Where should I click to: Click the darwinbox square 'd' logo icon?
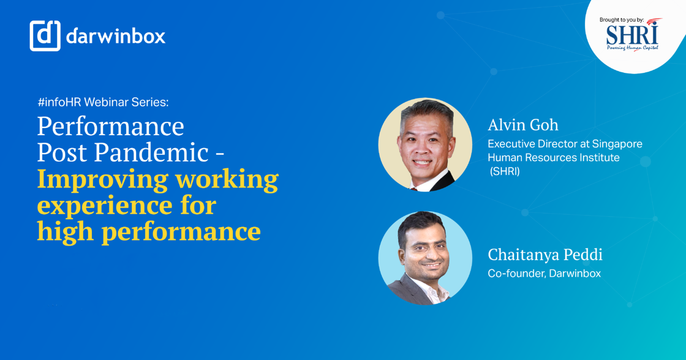pyautogui.click(x=45, y=36)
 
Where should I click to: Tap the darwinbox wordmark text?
pyautogui.click(x=116, y=36)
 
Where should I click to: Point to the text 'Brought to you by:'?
pyautogui.click(x=621, y=20)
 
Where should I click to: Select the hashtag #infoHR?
pyautogui.click(x=59, y=102)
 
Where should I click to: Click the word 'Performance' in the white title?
pyautogui.click(x=110, y=127)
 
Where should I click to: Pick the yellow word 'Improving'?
pyautogui.click(x=102, y=179)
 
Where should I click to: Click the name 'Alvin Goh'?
pyautogui.click(x=522, y=125)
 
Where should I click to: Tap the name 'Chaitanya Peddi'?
pyautogui.click(x=545, y=255)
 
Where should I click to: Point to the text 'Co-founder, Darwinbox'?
pyautogui.click(x=544, y=274)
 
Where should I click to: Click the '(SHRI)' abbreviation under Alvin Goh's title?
pyautogui.click(x=505, y=172)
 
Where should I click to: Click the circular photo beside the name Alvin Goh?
pyautogui.click(x=425, y=145)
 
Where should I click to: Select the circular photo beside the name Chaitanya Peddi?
pyautogui.click(x=425, y=258)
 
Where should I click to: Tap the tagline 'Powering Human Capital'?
pyautogui.click(x=632, y=48)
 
